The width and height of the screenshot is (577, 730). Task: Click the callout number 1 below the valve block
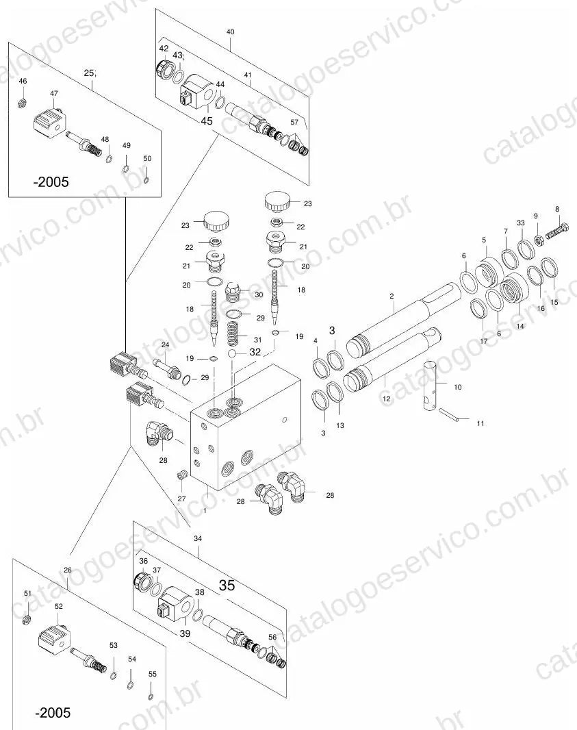205,510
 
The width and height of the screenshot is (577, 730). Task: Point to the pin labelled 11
449,414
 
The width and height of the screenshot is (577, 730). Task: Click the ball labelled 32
233,354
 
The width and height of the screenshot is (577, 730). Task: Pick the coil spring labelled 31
235,333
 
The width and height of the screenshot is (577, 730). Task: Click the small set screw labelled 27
182,475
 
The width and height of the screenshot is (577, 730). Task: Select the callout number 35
227,586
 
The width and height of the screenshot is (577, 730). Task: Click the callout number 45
207,121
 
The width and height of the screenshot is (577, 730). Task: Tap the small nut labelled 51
27,619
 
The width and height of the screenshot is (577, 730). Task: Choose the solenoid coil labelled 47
48,121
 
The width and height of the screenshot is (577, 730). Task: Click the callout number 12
387,399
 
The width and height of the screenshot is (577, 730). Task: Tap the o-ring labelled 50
146,180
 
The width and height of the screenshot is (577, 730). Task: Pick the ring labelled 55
151,697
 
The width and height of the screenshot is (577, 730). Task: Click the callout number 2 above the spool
392,296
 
